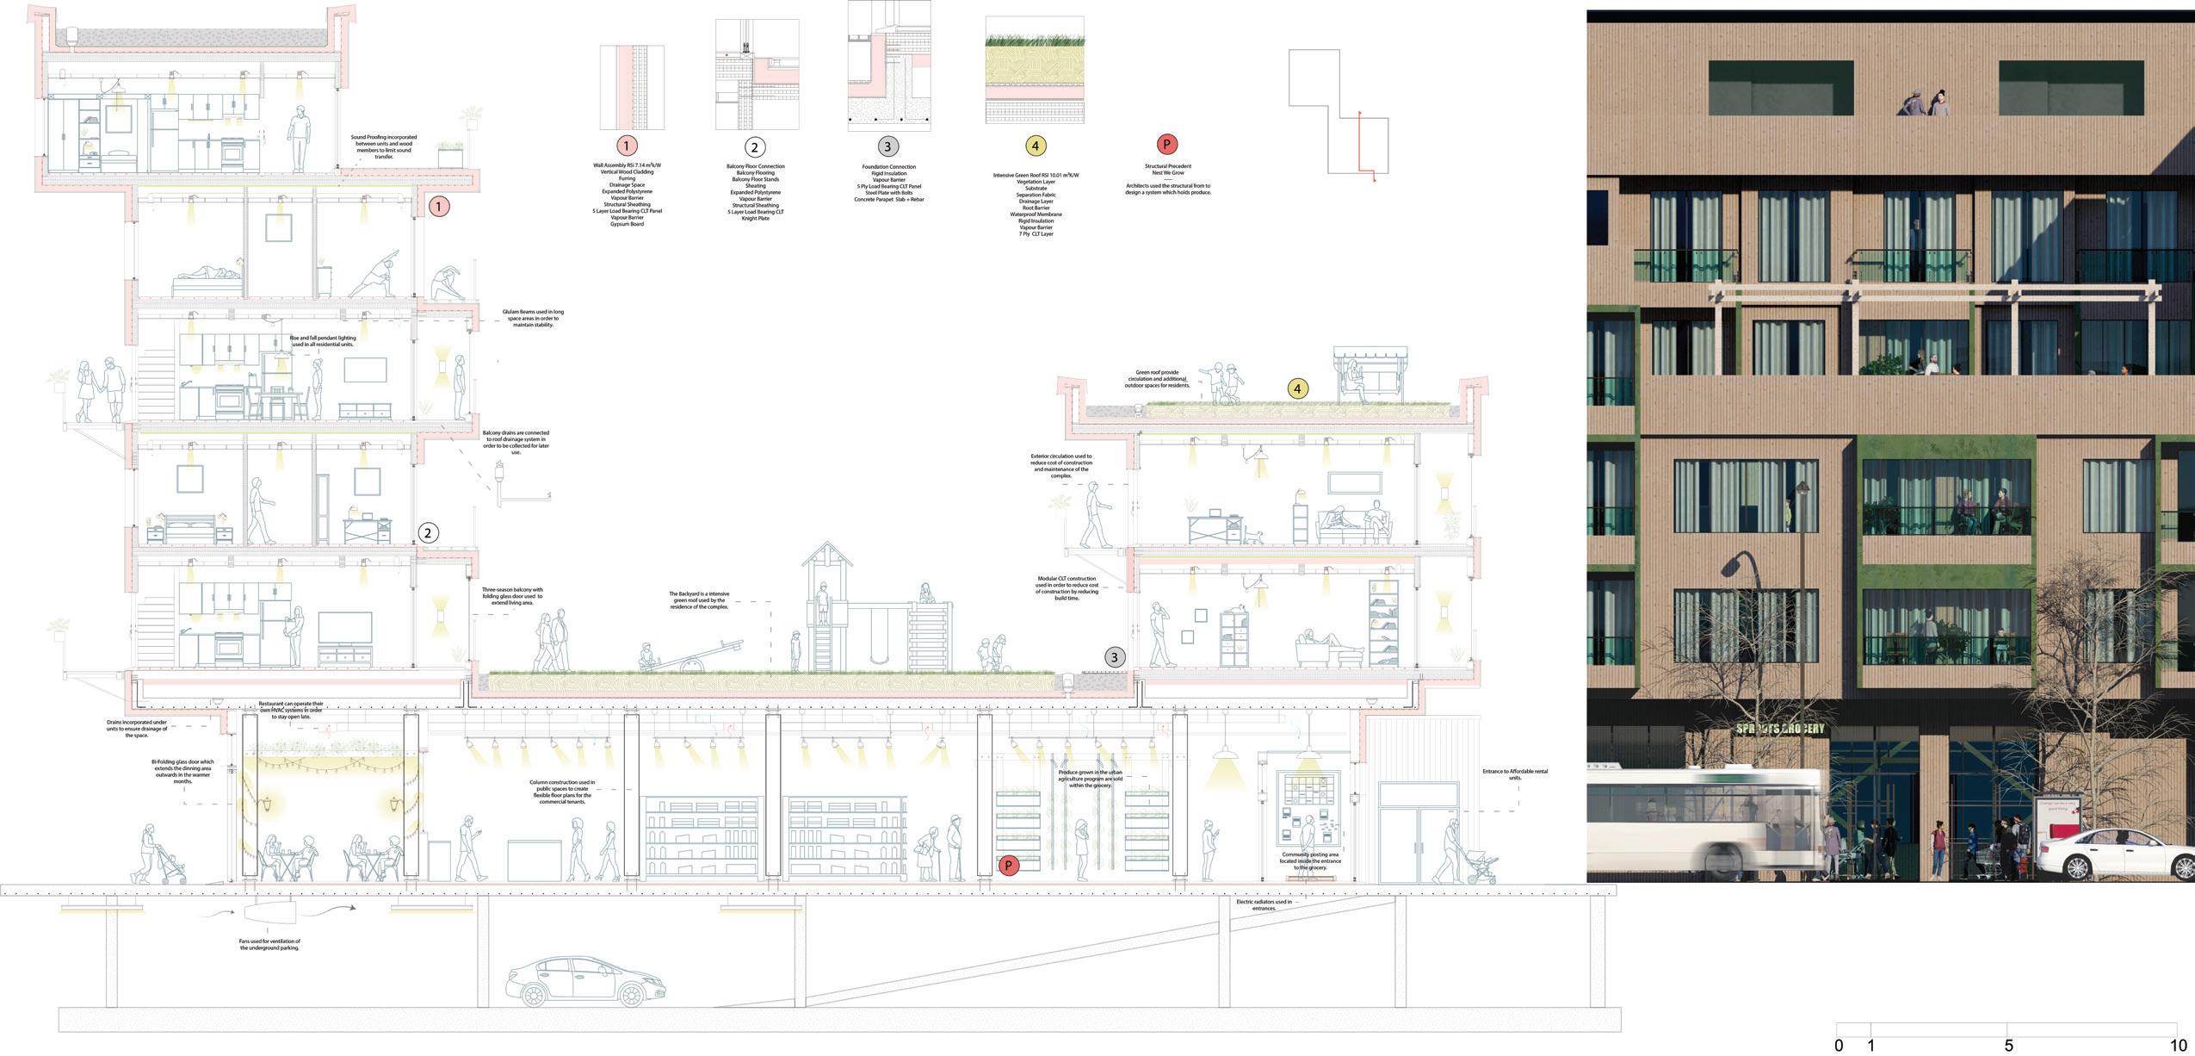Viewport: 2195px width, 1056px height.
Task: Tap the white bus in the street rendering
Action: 1704,822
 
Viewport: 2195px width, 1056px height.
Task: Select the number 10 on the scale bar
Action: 2178,1046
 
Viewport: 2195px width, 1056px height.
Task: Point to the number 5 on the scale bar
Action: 2008,1046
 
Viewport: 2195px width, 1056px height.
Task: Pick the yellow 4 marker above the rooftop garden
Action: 1297,388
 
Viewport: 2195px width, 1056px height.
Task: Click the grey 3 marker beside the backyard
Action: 1114,657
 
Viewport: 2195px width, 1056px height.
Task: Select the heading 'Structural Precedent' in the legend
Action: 1167,166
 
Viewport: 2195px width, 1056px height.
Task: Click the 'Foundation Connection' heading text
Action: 888,166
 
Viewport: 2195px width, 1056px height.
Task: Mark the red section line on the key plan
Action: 1361,146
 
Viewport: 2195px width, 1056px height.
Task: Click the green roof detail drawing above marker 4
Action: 1035,71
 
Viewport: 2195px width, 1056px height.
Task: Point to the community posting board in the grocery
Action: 1306,809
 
